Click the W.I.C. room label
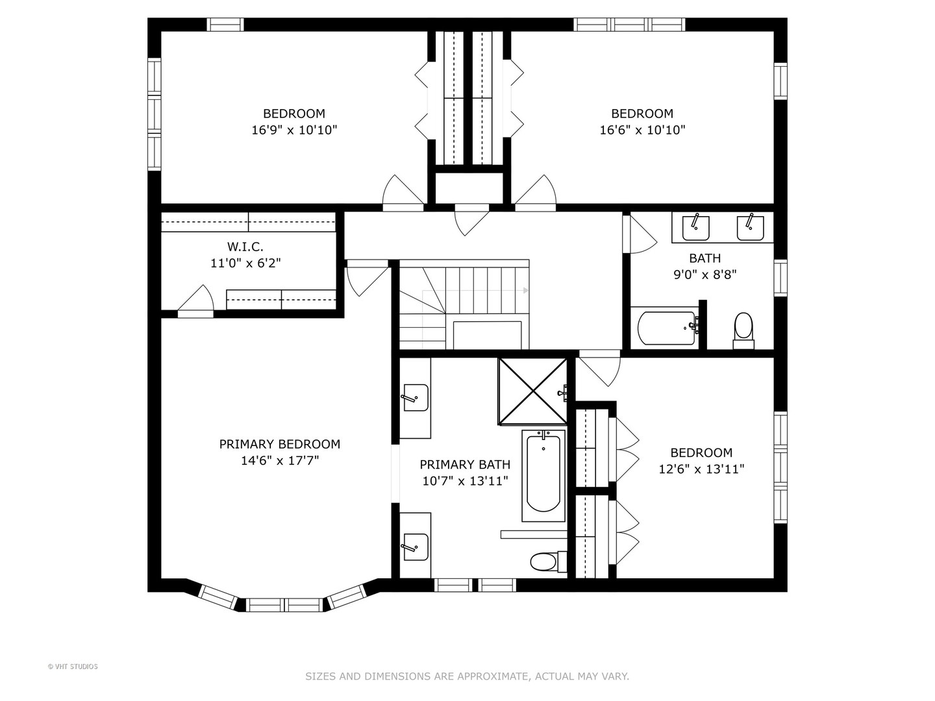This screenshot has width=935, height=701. [x=245, y=247]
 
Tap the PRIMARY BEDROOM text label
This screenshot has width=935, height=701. [x=279, y=445]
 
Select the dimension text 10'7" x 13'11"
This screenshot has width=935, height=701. [x=465, y=481]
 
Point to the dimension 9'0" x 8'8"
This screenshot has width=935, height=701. [x=705, y=275]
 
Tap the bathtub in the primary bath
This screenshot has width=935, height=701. [x=543, y=475]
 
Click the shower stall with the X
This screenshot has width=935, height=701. [x=532, y=391]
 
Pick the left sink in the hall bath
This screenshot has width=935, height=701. [x=695, y=228]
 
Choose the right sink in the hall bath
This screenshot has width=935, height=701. [x=750, y=228]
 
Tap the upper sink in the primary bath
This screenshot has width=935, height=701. [x=416, y=398]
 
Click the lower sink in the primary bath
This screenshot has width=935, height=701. [x=416, y=547]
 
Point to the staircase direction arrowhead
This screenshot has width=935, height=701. [x=526, y=291]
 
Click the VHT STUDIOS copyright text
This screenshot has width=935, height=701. [x=73, y=667]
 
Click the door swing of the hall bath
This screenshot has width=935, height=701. [x=643, y=234]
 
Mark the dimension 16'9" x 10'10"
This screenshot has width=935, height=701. [x=294, y=130]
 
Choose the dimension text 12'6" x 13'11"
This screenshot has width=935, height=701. [x=701, y=469]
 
